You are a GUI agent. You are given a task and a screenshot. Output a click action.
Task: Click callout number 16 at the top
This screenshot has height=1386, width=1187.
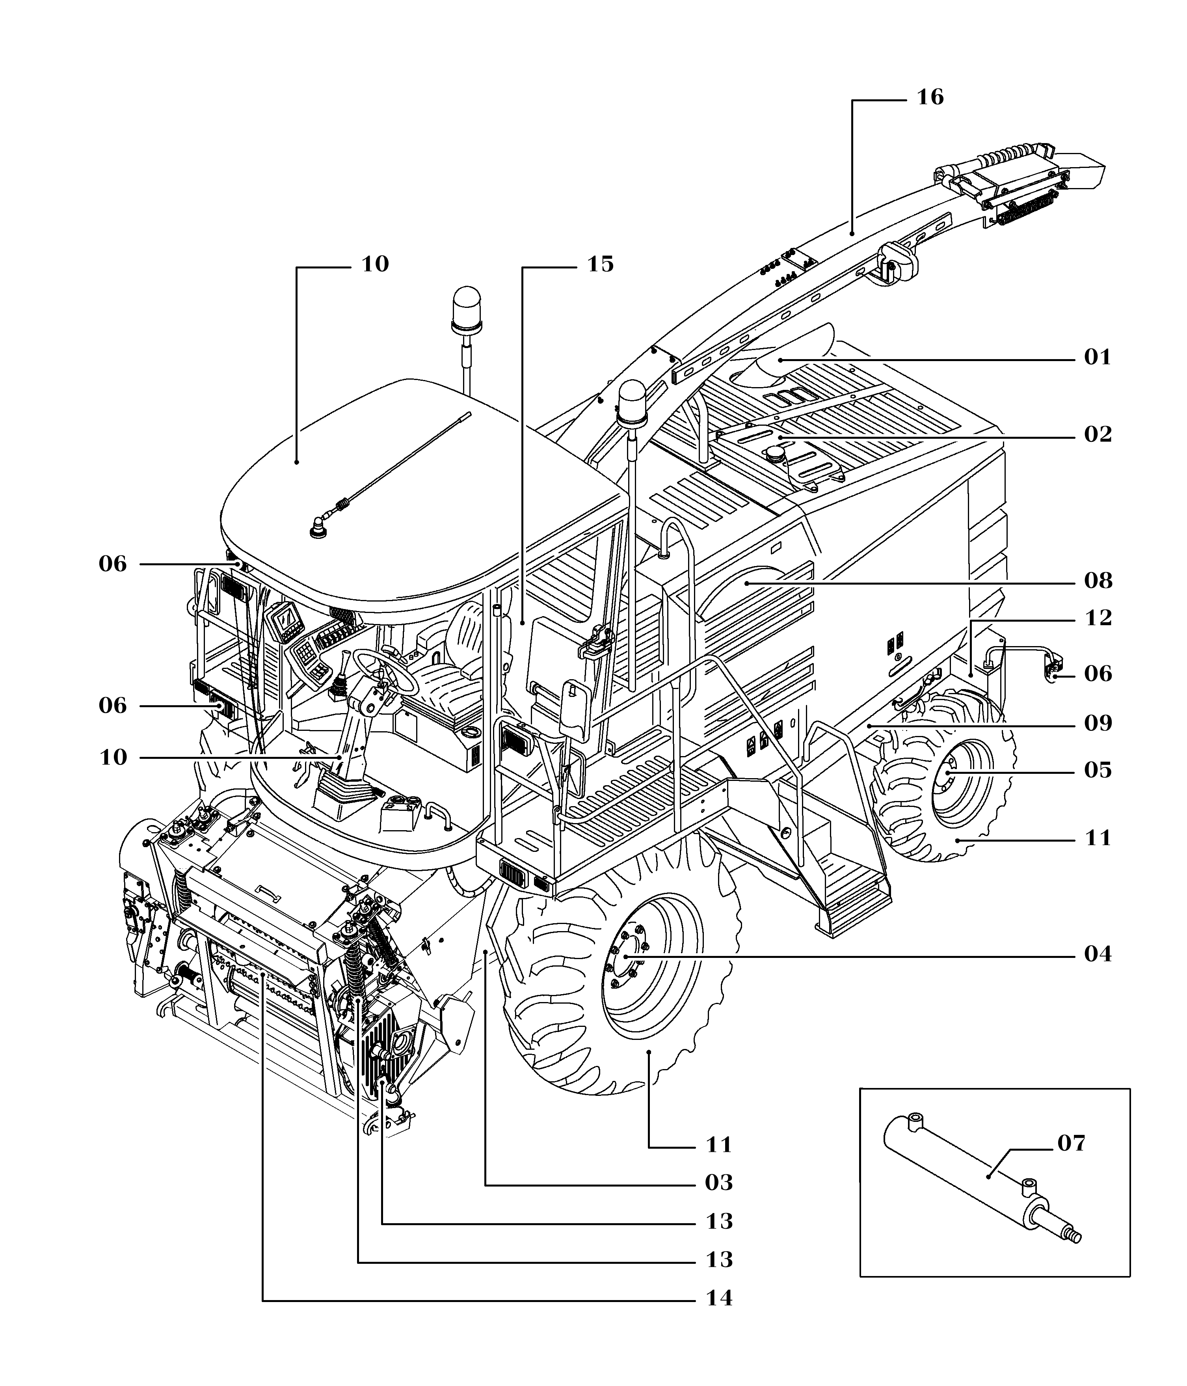pos(930,98)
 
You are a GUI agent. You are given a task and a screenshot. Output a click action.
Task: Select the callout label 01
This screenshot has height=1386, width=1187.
pos(1098,358)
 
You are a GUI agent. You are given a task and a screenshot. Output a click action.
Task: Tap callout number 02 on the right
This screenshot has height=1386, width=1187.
pos(1098,435)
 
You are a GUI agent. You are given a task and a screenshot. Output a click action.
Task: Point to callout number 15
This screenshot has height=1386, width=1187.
pos(600,265)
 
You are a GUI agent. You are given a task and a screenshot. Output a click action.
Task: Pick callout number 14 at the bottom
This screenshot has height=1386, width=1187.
pos(719,1298)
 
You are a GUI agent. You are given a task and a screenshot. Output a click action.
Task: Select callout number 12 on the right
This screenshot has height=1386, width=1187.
pos(1098,618)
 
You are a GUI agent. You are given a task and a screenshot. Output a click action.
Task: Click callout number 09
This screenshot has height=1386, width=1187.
pos(1098,724)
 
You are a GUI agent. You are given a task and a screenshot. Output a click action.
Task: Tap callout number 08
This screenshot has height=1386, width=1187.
pos(1098,581)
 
